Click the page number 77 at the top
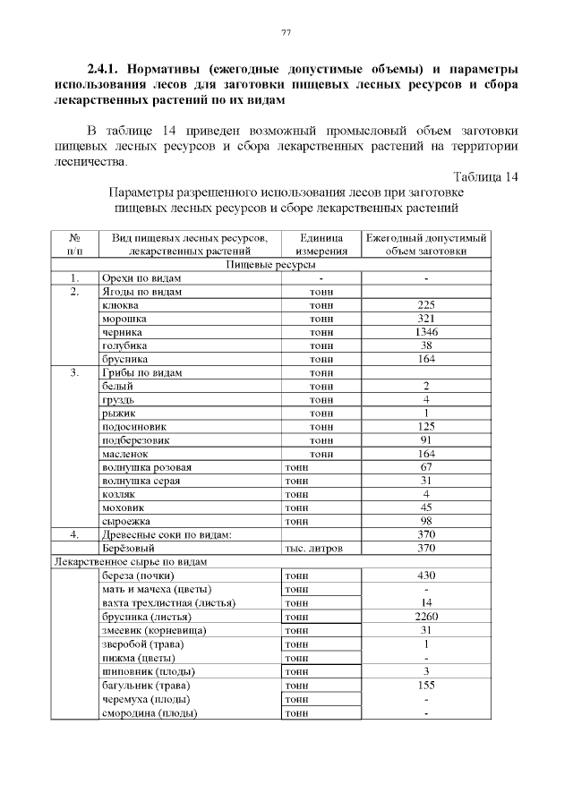click(286, 33)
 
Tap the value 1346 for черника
click(426, 332)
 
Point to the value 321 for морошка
click(426, 319)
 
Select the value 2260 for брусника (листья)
click(426, 617)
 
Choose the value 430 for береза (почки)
click(426, 576)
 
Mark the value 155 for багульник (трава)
click(426, 686)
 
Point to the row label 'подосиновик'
click(134, 427)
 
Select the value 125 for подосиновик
click(426, 427)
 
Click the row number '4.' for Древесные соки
click(76, 534)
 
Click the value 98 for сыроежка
click(426, 521)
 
